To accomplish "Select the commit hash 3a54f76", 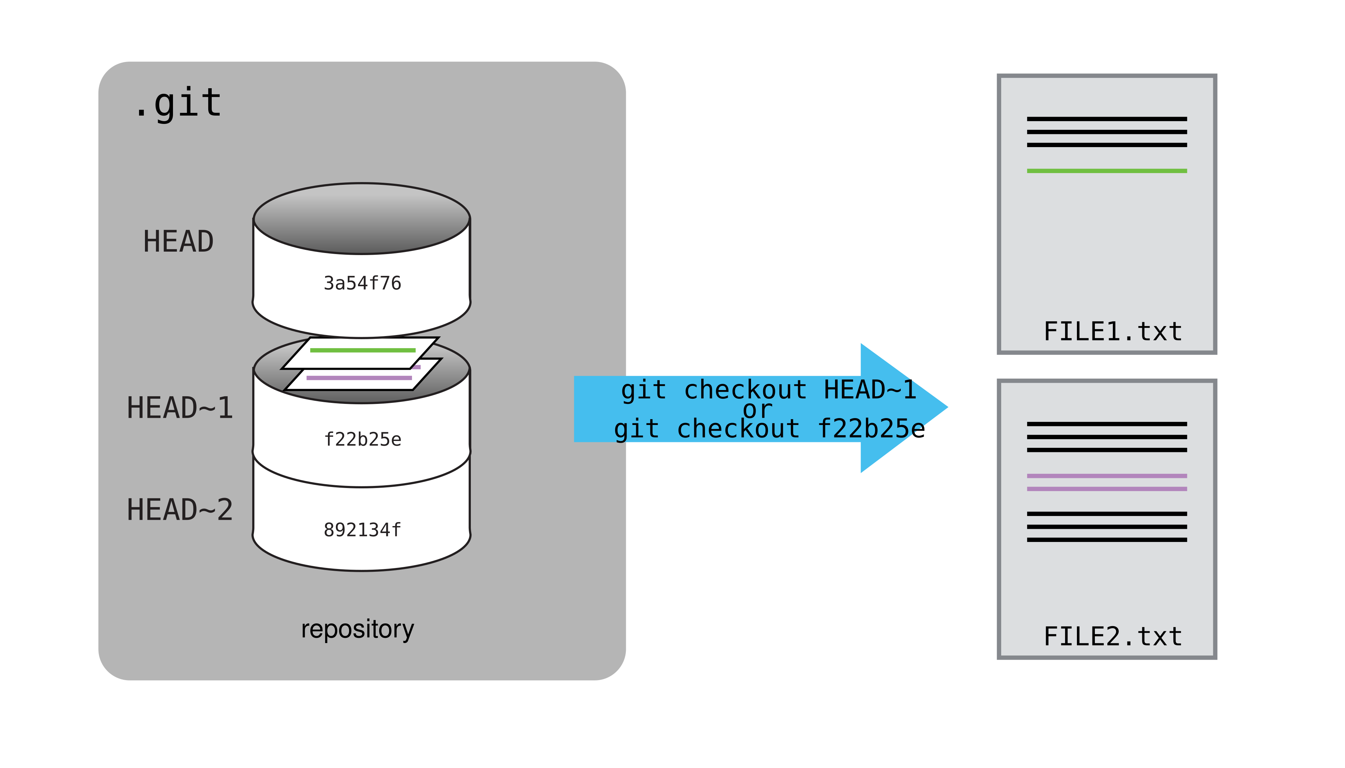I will [362, 283].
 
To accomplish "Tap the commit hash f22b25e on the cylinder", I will [362, 439].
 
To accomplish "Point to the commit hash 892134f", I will [362, 530].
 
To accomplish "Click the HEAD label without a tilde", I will [178, 242].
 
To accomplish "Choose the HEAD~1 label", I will [179, 408].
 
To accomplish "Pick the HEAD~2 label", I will [179, 509].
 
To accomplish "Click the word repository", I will [357, 629].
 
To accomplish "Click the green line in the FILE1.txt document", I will [1107, 171].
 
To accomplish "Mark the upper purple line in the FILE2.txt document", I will [1107, 476].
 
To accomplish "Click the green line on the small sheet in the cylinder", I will [363, 350].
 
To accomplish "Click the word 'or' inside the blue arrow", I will [758, 410].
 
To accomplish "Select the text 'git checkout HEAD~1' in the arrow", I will [768, 390].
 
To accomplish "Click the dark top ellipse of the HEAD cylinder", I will [362, 218].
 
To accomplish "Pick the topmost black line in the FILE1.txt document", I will [1107, 119].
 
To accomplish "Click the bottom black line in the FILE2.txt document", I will [1107, 540].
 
